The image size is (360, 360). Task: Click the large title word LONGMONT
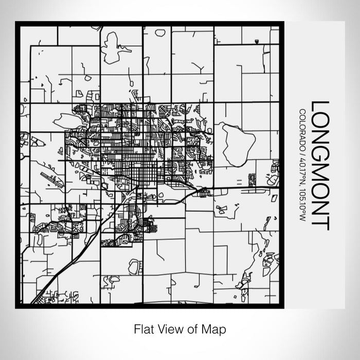pos(320,165)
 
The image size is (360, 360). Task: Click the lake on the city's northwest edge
pos(69,121)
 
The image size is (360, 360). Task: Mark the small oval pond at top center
pos(160,33)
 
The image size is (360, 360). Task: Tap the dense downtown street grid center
pos(131,154)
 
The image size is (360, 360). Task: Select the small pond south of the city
pos(133,266)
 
